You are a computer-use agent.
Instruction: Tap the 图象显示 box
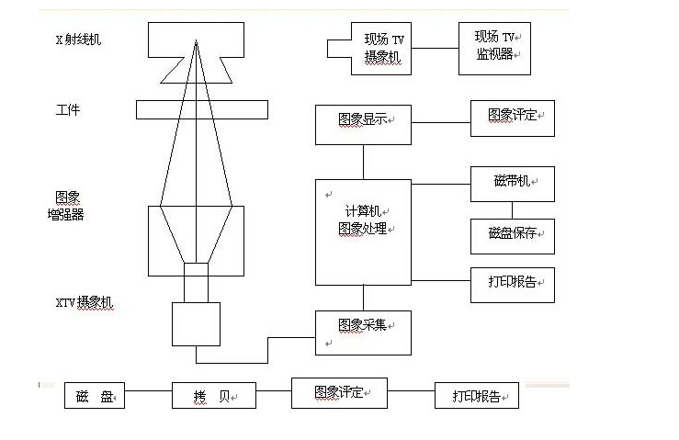click(363, 124)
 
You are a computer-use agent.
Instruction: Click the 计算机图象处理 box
click(363, 231)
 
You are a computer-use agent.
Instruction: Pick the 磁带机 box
click(512, 183)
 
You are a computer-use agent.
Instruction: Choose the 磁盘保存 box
click(512, 236)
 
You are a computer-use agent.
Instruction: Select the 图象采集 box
click(363, 332)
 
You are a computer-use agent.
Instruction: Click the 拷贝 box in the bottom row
click(213, 397)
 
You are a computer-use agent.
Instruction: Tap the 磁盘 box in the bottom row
click(95, 397)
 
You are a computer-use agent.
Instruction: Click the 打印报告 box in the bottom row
click(476, 397)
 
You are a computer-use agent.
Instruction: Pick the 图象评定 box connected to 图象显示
click(512, 118)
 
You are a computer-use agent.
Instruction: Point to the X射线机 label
click(79, 39)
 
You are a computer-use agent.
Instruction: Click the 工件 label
click(68, 110)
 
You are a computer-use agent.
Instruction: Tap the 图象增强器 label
click(67, 206)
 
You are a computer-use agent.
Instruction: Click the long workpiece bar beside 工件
click(202, 109)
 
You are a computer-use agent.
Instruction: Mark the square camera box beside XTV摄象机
click(196, 323)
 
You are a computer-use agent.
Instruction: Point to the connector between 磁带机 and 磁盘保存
click(512, 210)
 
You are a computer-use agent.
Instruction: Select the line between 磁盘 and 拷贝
click(148, 397)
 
